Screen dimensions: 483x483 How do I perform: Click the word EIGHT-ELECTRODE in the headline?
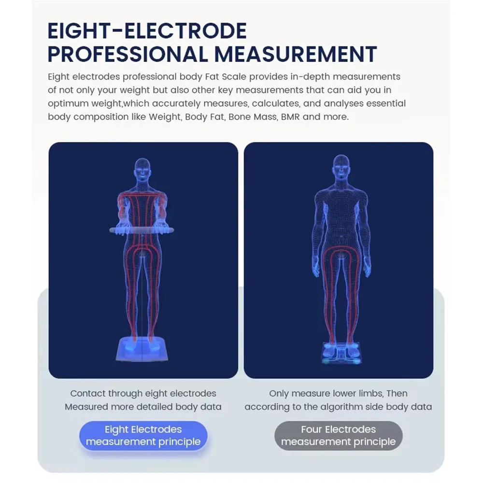(147, 31)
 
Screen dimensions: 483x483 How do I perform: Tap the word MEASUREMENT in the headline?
(296, 54)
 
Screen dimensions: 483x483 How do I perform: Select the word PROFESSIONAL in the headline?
(128, 54)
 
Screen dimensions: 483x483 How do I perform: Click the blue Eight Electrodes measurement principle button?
(143, 436)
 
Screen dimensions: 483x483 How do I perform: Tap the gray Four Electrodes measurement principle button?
(338, 436)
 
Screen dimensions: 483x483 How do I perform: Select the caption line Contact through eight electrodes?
(143, 393)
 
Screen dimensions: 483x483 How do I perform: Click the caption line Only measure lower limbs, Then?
(338, 393)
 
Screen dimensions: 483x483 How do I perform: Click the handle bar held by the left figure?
(142, 230)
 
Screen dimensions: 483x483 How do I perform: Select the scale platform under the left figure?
(142, 349)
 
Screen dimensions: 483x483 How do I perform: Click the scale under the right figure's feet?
(341, 353)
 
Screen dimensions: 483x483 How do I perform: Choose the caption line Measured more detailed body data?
(143, 407)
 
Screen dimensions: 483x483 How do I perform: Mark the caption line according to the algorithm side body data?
(338, 407)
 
